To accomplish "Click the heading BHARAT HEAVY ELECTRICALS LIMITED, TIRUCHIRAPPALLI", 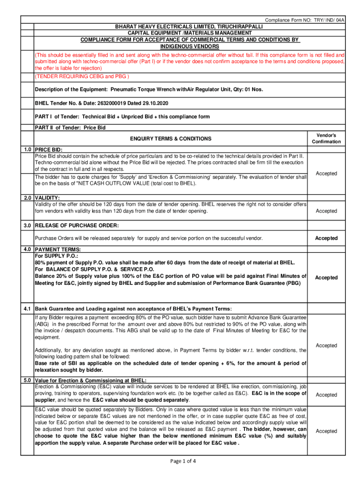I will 189,27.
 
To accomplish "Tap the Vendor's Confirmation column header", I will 326,138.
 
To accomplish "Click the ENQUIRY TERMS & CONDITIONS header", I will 170,139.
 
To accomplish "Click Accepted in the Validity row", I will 326,211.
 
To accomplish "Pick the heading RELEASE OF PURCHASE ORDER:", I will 77,226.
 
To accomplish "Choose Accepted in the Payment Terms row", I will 326,278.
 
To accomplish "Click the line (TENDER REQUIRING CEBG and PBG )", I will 82,77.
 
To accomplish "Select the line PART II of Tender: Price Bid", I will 70,128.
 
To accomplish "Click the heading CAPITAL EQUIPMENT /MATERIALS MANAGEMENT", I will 189,34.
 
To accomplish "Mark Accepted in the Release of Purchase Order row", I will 326,239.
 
